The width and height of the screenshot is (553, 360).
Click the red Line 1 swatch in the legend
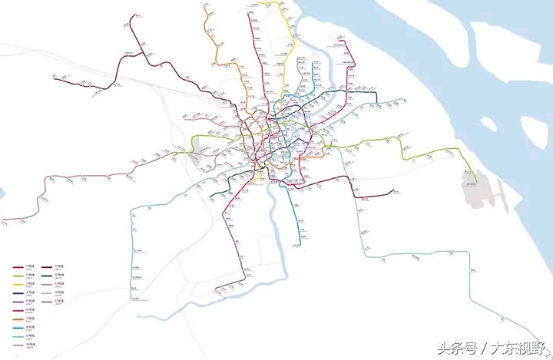click(x=18, y=266)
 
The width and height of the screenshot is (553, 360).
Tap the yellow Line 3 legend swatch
click(x=18, y=284)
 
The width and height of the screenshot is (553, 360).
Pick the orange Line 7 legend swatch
click(x=18, y=319)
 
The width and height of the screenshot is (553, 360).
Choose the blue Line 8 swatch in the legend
click(x=18, y=328)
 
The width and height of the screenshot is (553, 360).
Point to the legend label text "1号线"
click(x=31, y=266)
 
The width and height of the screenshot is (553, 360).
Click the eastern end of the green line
click(x=476, y=183)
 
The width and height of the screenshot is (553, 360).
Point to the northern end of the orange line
click(x=207, y=6)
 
